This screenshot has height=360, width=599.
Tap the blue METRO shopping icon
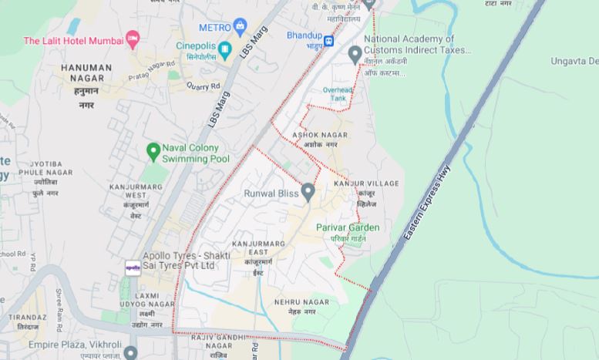241,27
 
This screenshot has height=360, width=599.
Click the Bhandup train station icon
329,40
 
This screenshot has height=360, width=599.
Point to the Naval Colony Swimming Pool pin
153,150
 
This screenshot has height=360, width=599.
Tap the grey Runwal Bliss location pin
308,190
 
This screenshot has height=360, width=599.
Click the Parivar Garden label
348,227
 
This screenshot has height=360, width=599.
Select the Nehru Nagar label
295,301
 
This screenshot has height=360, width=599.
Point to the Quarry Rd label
204,86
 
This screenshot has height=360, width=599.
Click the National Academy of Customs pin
355,54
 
